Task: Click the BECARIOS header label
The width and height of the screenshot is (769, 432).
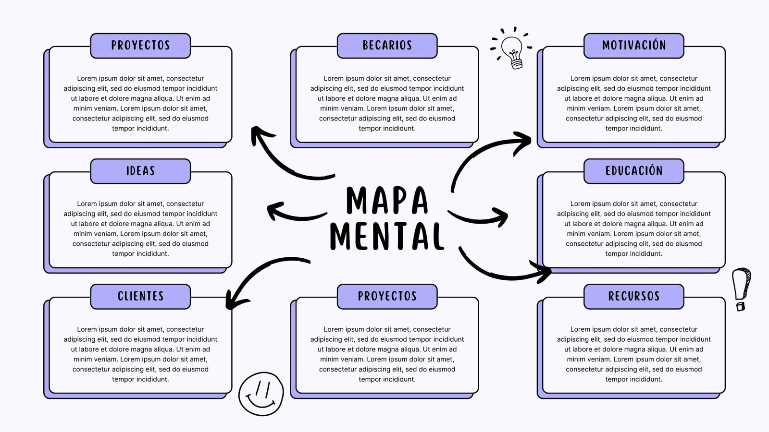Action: point(387,46)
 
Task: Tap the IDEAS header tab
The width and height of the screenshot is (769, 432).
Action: point(140,171)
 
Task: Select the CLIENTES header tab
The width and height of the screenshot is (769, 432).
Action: point(140,297)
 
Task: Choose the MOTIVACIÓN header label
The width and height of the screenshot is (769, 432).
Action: point(634,46)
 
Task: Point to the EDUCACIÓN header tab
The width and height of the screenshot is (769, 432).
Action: point(634,171)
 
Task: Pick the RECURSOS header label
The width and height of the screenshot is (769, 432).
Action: point(634,297)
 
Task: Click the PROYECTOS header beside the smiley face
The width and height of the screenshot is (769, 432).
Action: point(387,297)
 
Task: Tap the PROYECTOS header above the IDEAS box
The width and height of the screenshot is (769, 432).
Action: point(140,46)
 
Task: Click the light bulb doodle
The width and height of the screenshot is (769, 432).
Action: point(511,48)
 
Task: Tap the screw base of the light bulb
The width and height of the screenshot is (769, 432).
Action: point(517,64)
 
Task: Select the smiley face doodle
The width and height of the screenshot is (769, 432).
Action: point(261,394)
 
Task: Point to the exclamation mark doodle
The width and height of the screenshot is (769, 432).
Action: point(742,289)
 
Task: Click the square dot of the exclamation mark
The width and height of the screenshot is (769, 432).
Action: point(741,306)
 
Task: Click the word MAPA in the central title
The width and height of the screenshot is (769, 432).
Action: point(387,200)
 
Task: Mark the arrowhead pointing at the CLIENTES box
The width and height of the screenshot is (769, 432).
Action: point(235,300)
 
